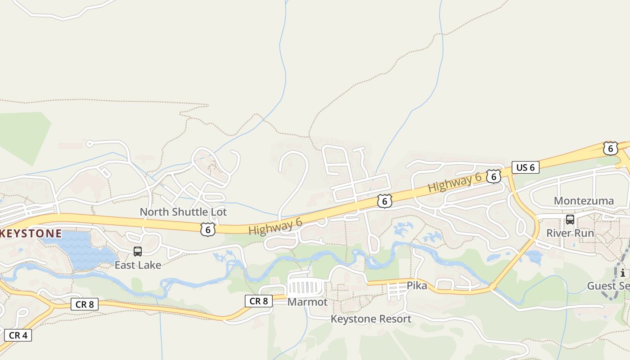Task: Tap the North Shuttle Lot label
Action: [183, 212]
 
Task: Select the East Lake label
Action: [138, 265]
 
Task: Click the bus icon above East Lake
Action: [138, 252]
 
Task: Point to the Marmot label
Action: [307, 302]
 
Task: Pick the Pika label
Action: [417, 285]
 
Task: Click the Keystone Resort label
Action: [371, 319]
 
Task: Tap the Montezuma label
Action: [584, 201]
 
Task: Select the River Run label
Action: [570, 233]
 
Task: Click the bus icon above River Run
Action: [570, 220]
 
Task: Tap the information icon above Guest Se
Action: [622, 273]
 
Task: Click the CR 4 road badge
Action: [18, 335]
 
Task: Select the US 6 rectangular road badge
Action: [525, 168]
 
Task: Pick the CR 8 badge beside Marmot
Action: [259, 301]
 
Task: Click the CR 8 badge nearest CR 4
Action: [85, 304]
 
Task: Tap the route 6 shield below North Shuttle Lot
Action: [207, 229]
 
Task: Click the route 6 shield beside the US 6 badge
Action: [494, 177]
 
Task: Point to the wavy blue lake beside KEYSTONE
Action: [81, 250]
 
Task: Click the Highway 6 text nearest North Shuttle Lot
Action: [275, 224]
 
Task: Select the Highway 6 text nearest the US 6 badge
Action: [454, 183]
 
